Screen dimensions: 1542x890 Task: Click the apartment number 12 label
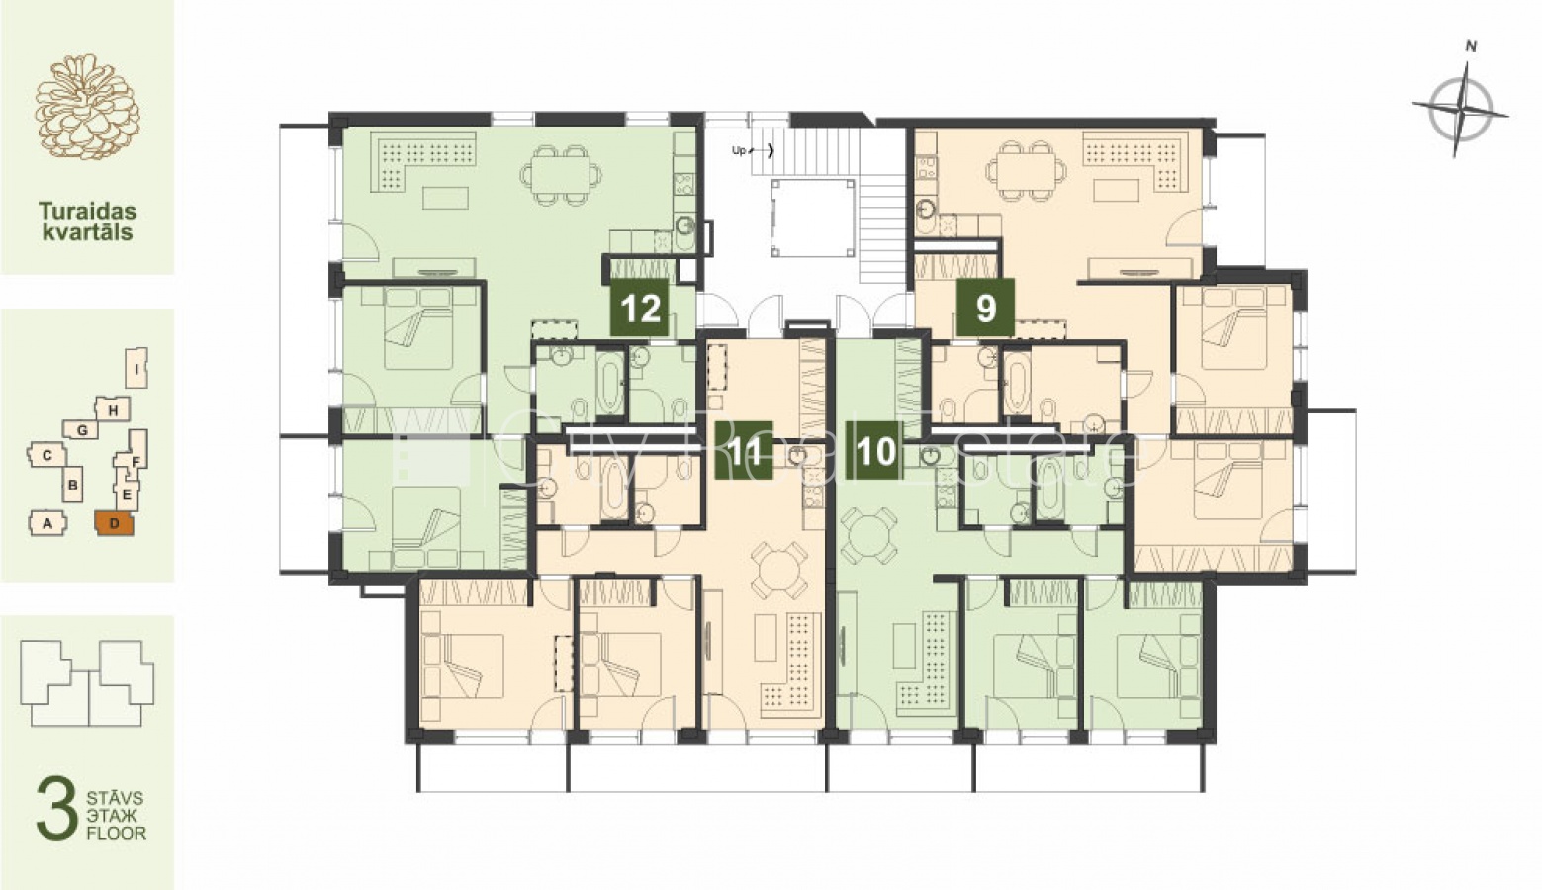pyautogui.click(x=640, y=308)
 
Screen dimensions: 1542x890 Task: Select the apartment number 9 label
pyautogui.click(x=986, y=308)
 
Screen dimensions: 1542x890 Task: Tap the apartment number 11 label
pyautogui.click(x=744, y=450)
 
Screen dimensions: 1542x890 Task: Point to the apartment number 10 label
pyautogui.click(x=875, y=450)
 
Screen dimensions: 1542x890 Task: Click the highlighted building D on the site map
pyautogui.click(x=115, y=523)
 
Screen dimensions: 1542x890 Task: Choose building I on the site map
pyautogui.click(x=137, y=368)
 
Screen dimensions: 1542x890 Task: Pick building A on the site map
pyautogui.click(x=47, y=524)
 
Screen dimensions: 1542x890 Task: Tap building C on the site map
pyautogui.click(x=47, y=455)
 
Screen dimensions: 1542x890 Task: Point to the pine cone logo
pyautogui.click(x=87, y=107)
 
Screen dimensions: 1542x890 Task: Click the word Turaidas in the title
pyautogui.click(x=87, y=211)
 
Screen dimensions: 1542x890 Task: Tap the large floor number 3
pyautogui.click(x=56, y=808)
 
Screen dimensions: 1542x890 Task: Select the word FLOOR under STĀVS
pyautogui.click(x=117, y=833)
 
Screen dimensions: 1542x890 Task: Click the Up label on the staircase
pyautogui.click(x=739, y=150)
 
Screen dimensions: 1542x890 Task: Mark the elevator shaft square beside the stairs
pyautogui.click(x=813, y=218)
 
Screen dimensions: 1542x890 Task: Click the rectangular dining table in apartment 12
pyautogui.click(x=561, y=175)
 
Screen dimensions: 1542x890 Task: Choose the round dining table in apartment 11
pyautogui.click(x=779, y=570)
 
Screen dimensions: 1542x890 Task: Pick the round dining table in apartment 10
pyautogui.click(x=868, y=535)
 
